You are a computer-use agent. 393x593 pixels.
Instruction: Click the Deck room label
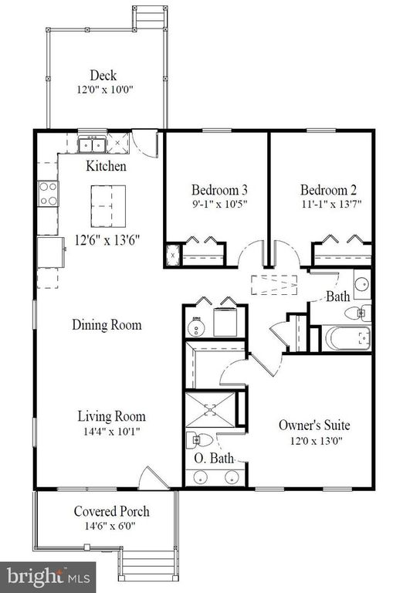click(103, 75)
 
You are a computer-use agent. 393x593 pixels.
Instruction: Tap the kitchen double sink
click(92, 145)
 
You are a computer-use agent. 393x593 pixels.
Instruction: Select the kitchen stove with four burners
click(48, 193)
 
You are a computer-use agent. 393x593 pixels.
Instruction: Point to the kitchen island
click(108, 206)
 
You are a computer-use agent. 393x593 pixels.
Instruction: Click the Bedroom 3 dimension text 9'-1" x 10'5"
click(219, 204)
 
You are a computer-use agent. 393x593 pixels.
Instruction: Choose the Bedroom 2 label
click(328, 190)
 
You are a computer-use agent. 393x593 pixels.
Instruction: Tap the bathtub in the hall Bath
click(348, 337)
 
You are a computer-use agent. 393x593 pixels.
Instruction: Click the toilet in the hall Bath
click(357, 313)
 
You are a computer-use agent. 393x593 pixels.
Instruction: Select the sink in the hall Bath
click(362, 283)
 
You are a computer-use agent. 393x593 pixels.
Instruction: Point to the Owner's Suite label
click(314, 425)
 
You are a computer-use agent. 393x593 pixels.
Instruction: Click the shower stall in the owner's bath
click(210, 409)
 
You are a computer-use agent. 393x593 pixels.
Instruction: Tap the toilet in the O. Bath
click(200, 440)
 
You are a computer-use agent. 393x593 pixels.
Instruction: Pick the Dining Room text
click(107, 325)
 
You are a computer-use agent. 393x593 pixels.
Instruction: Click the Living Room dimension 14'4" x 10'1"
click(112, 432)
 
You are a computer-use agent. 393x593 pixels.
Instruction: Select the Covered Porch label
click(112, 511)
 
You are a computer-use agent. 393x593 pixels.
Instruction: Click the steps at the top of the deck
click(150, 16)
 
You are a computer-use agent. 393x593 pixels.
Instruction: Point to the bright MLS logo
click(48, 578)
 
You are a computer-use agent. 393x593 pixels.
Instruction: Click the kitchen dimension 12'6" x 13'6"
click(107, 240)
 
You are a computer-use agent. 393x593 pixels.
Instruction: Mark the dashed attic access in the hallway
click(274, 285)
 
